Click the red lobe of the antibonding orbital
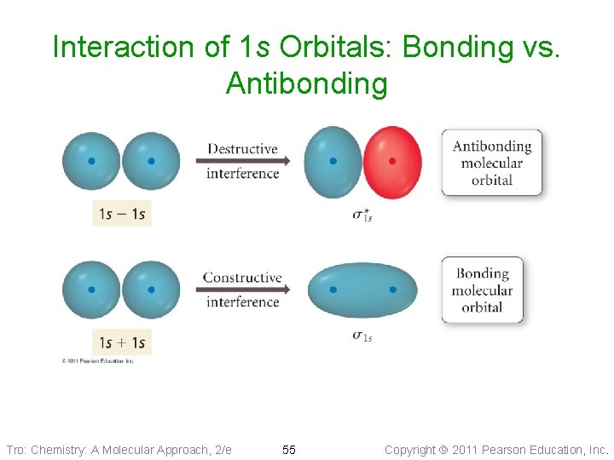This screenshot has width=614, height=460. pos(394,162)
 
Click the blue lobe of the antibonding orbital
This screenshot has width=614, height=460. pos(333,162)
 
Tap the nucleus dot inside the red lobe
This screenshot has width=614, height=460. pos(392,160)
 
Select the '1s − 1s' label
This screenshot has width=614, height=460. pos(122,214)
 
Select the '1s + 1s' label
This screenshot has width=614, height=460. pos(122,342)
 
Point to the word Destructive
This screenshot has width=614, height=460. pos(242,148)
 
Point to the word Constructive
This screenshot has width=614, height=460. pos(242,277)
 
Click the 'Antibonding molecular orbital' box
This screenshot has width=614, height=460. pos(491,163)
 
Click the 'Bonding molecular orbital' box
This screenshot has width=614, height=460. pos(482,290)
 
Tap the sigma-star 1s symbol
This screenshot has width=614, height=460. pos(362,215)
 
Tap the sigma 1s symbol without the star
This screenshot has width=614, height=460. pos(362,336)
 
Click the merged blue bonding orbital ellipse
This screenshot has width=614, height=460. pos(362,290)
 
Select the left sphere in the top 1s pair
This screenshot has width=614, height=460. pos(91,161)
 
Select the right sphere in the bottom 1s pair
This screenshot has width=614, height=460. pos(151,290)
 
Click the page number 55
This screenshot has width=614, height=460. pos(289,449)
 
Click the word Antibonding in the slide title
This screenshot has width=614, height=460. pos(306,83)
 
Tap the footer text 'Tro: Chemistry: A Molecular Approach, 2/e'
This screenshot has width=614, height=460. pos(119,449)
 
